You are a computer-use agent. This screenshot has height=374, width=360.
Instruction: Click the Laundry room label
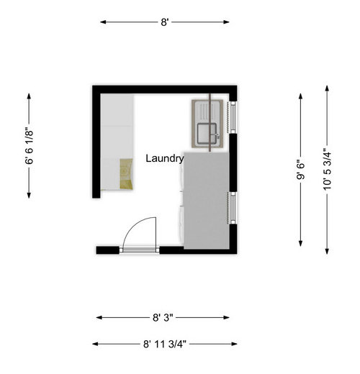click(165, 158)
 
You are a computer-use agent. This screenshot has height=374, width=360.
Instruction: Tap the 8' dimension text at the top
click(165, 22)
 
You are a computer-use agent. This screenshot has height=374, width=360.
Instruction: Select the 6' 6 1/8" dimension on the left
click(30, 147)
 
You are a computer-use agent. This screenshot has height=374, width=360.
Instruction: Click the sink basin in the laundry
click(210, 133)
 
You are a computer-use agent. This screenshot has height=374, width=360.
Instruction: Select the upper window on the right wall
click(233, 118)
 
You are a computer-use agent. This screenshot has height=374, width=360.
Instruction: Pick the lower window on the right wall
click(233, 208)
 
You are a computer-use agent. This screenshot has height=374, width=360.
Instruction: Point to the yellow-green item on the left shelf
click(126, 174)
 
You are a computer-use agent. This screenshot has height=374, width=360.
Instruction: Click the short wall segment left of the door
click(107, 250)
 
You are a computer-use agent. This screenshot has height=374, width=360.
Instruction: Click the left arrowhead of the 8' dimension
click(102, 22)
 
